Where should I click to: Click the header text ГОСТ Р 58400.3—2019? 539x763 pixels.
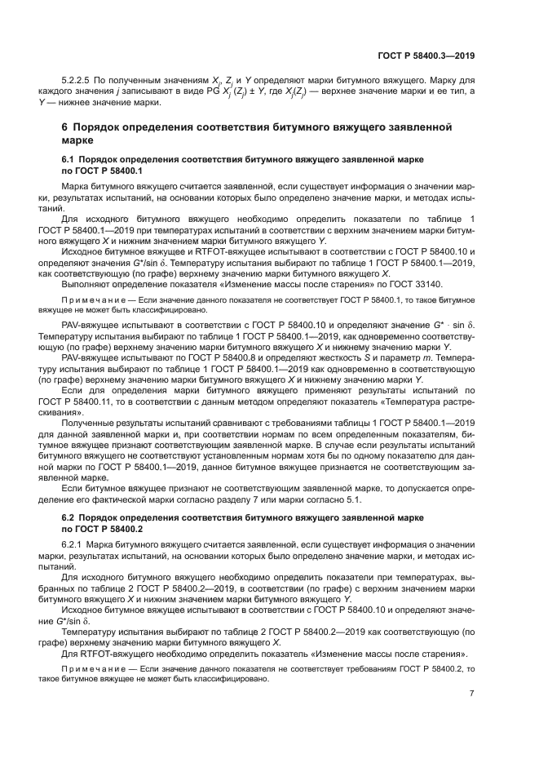click(x=426, y=55)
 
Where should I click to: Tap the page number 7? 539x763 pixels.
click(x=472, y=693)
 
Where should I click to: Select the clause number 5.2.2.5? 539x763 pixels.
click(x=79, y=82)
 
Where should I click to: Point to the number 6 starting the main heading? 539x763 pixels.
click(x=66, y=128)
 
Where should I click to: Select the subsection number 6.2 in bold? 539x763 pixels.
click(x=69, y=517)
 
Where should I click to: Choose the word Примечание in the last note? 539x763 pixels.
click(x=90, y=668)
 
